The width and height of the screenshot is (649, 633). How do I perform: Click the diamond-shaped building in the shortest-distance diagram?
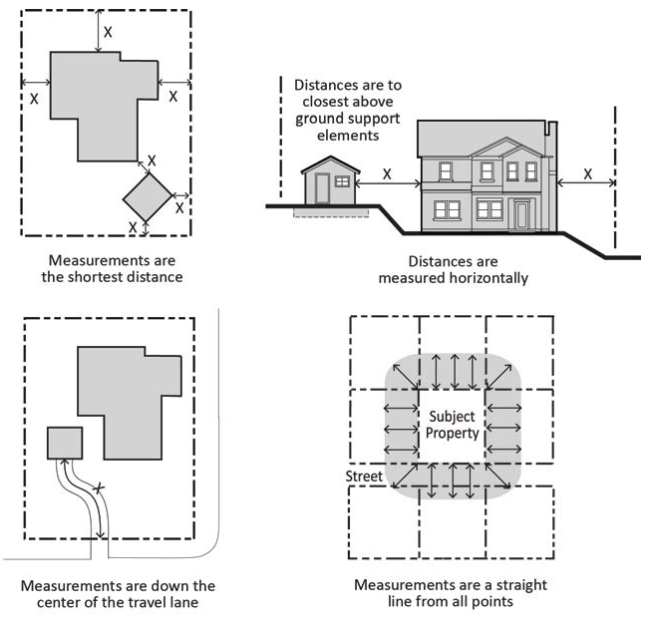(x=148, y=197)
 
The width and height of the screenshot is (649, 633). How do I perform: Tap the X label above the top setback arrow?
(x=108, y=32)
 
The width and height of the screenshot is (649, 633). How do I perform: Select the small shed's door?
(x=322, y=188)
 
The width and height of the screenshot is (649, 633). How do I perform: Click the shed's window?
(x=342, y=181)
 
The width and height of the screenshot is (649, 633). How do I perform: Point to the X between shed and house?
(x=387, y=174)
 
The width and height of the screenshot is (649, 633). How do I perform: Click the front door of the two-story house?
(x=522, y=214)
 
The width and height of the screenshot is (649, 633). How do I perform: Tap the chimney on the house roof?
(x=552, y=128)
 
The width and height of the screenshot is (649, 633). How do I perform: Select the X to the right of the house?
(x=588, y=174)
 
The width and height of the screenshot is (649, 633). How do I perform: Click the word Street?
(x=364, y=476)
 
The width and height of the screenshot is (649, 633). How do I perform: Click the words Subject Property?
(x=452, y=425)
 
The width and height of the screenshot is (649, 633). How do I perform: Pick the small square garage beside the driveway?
(x=65, y=443)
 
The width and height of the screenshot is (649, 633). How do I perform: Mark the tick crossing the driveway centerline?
(x=98, y=488)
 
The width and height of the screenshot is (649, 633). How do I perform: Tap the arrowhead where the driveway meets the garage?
(x=65, y=462)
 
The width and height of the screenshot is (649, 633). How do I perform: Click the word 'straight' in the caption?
(x=521, y=585)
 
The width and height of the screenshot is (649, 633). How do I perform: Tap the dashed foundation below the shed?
(x=331, y=212)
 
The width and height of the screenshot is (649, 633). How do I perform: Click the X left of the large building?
(x=34, y=99)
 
